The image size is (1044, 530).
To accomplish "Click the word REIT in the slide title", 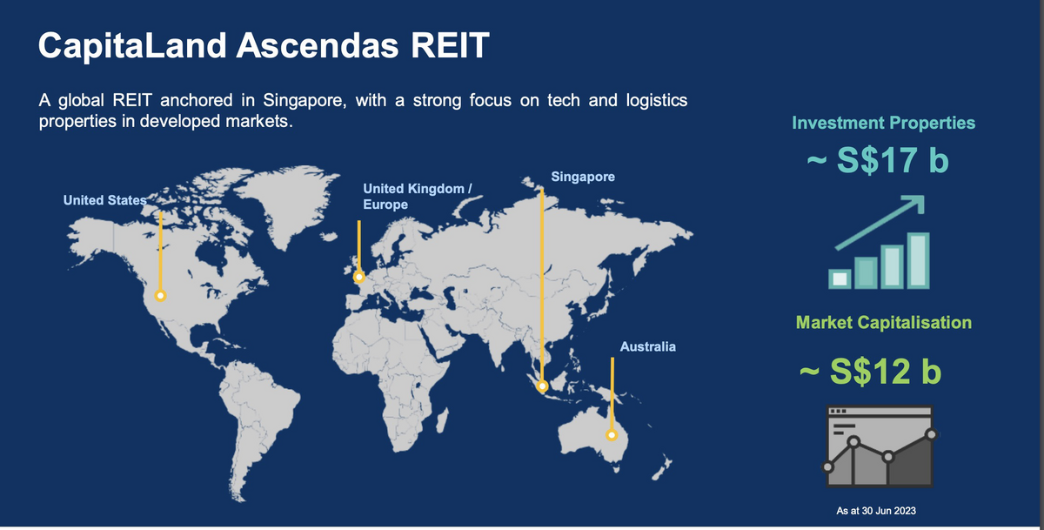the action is click(x=450, y=45).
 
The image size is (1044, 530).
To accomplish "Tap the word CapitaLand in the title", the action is click(x=132, y=45).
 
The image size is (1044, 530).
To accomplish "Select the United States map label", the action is click(x=105, y=200).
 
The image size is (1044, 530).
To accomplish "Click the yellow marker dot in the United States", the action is click(x=160, y=296).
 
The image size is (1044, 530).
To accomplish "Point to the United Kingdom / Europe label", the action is click(x=418, y=196).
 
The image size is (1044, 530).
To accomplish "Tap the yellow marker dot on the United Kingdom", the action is click(x=358, y=278).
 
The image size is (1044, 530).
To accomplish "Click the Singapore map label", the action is click(x=583, y=177).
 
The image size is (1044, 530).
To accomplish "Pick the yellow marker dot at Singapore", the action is click(x=542, y=386).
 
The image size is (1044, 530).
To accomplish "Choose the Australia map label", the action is click(x=648, y=347).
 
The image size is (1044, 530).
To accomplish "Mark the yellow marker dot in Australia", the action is click(x=612, y=435).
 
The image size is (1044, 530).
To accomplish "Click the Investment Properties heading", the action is click(x=884, y=123).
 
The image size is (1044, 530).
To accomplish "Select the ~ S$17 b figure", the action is click(x=878, y=160).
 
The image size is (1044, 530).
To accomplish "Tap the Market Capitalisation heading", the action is click(x=884, y=323).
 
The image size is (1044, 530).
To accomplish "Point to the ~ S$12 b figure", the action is click(x=871, y=372).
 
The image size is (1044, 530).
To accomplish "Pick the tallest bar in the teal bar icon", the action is click(x=918, y=260).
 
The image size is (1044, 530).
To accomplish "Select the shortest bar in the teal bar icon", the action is click(x=840, y=278).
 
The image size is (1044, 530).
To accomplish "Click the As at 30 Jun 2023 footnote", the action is click(x=876, y=511).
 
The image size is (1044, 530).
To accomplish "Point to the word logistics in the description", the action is click(x=657, y=100).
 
